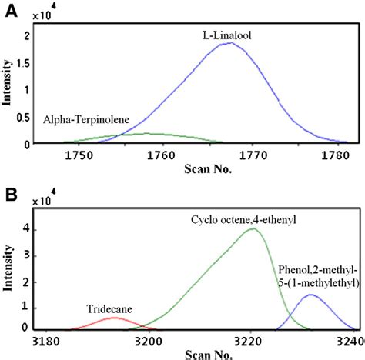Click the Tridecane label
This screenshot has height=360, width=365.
(112, 309)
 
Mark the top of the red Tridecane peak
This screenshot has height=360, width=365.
(113, 318)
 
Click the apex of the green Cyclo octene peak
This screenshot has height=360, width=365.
(251, 228)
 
